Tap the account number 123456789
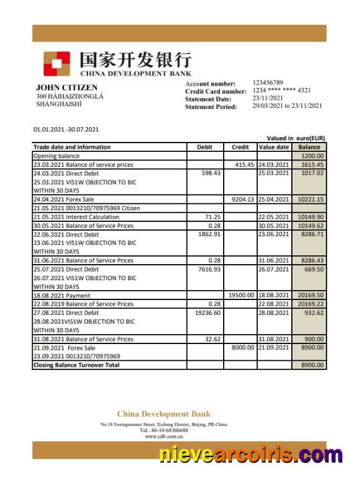(268, 82)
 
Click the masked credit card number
(281, 91)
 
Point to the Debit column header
(204, 147)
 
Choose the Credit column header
(240, 147)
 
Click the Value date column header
(274, 147)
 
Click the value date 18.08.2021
(274, 296)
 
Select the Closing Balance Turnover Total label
(77, 365)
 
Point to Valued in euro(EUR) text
(296, 138)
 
